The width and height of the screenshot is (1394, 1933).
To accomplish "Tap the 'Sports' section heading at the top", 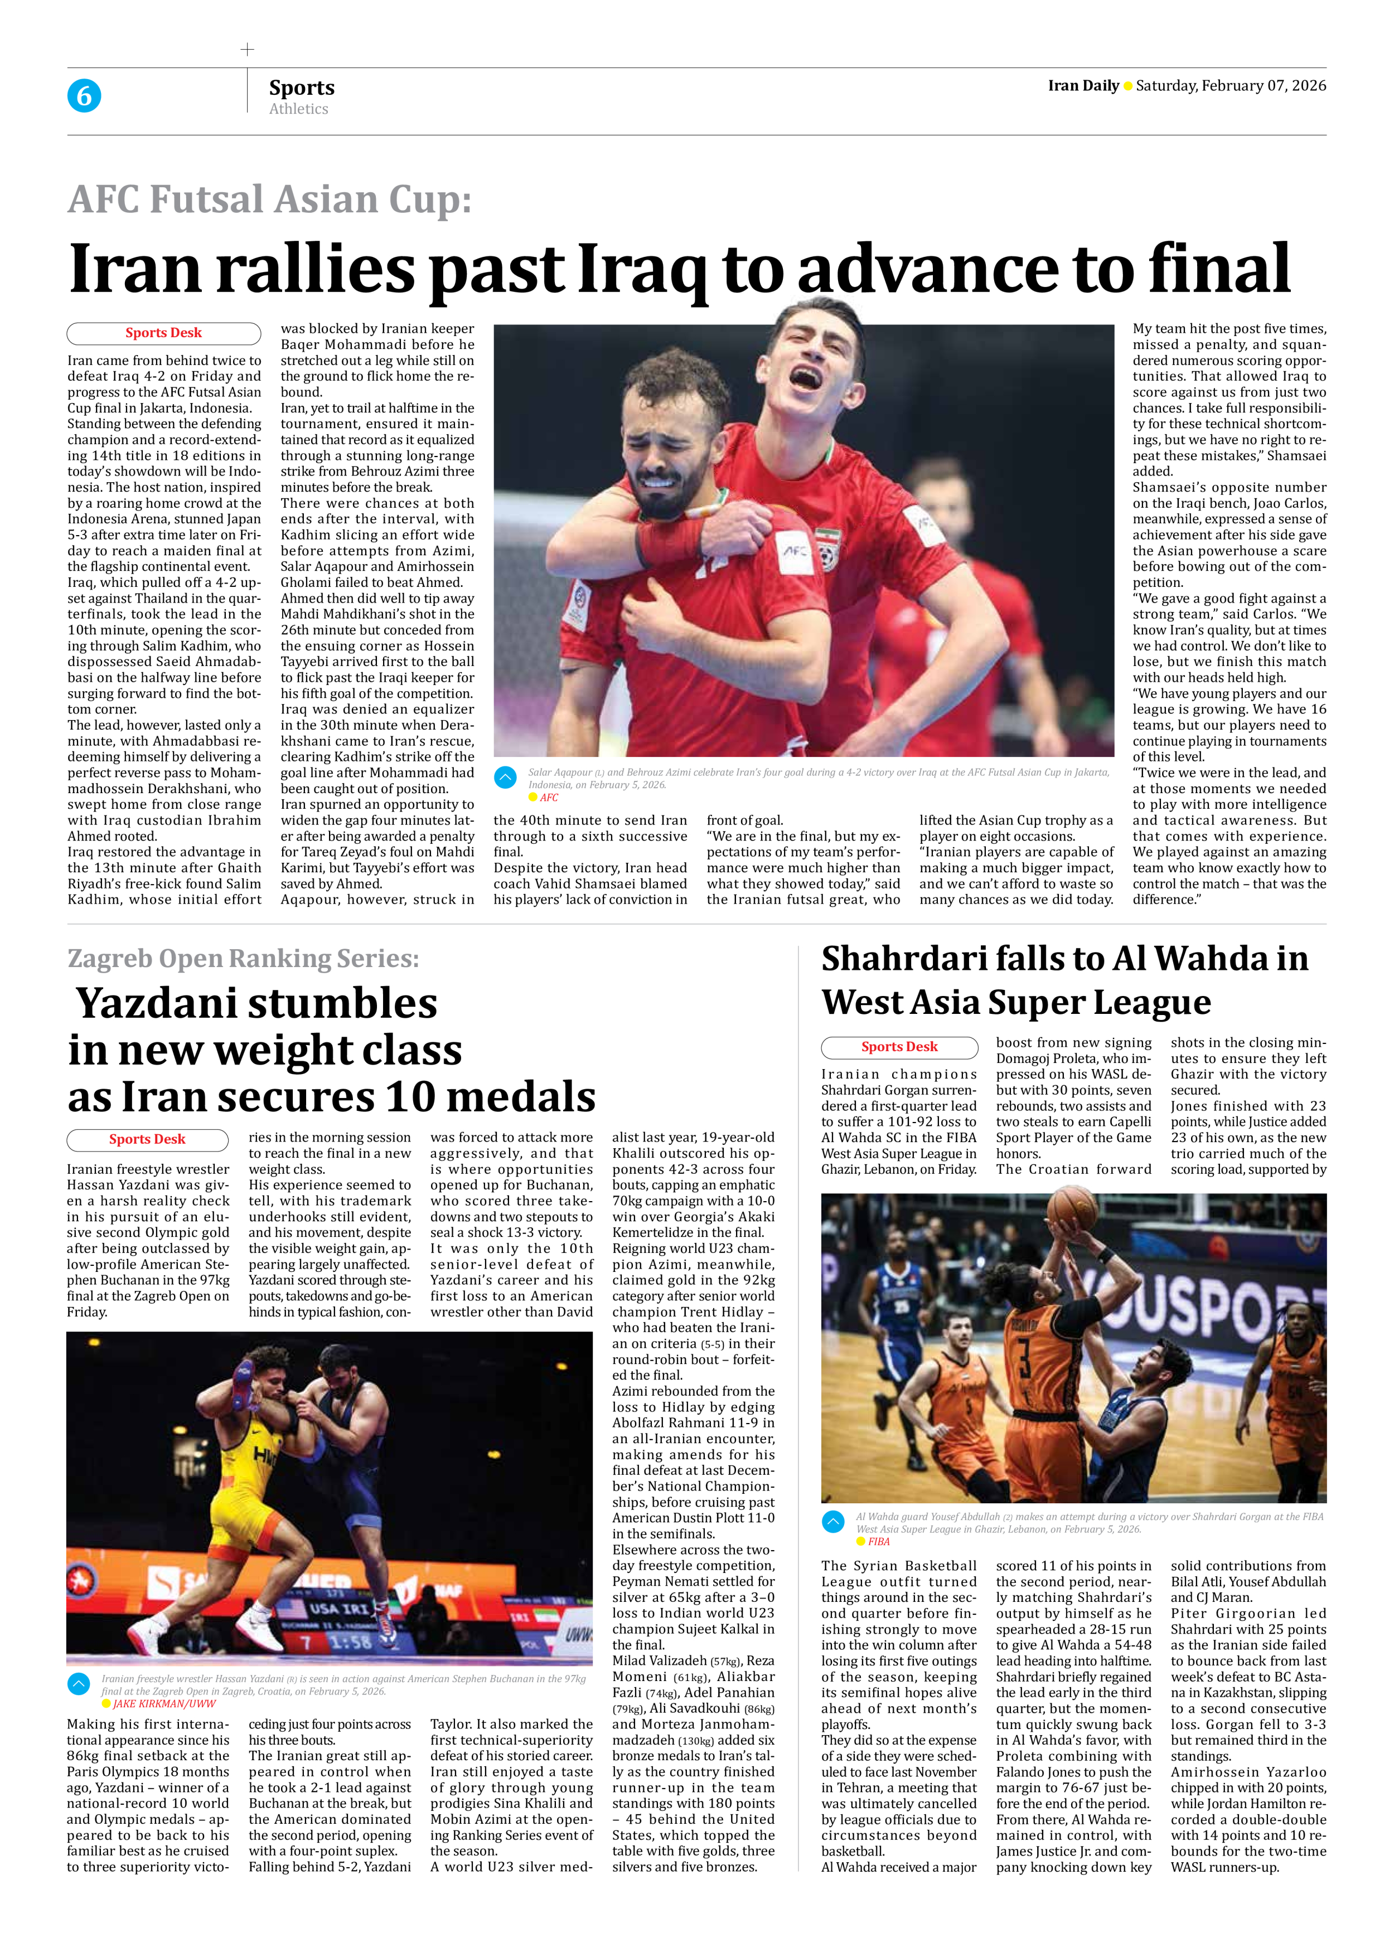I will (x=302, y=88).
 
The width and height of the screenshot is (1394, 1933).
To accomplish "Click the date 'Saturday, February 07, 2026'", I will (x=1230, y=85).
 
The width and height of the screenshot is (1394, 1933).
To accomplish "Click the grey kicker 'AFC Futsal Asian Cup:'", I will (x=269, y=200).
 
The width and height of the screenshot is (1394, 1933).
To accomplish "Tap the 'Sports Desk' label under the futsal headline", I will (x=164, y=332).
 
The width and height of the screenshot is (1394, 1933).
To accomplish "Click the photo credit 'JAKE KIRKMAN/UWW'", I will (x=164, y=1704).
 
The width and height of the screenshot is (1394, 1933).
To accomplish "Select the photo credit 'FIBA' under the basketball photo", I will (x=879, y=1541).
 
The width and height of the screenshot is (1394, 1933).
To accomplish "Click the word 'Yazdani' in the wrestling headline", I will (x=256, y=1003).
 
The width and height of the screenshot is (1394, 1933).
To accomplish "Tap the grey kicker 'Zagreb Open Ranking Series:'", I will (x=243, y=958).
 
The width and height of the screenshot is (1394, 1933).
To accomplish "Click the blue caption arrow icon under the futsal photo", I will (x=506, y=778).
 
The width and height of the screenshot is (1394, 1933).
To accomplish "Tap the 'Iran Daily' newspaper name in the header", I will (x=1083, y=85).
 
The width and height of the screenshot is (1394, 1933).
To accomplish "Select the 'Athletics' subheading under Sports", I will (x=298, y=109).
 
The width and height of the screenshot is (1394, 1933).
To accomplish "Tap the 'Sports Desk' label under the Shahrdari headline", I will (x=899, y=1047).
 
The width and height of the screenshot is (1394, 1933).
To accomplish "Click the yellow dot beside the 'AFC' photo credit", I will (x=533, y=798).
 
